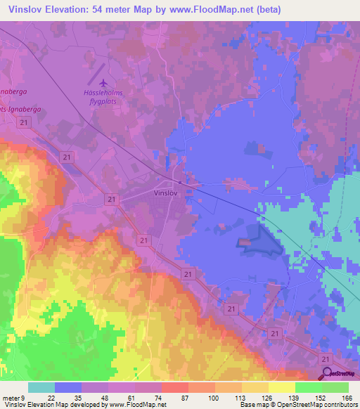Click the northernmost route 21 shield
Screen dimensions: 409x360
(x=25, y=122)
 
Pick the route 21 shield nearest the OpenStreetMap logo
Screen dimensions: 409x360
(x=323, y=358)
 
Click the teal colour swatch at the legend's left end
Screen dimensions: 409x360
(x=41, y=387)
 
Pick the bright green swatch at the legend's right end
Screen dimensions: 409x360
(x=335, y=387)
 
